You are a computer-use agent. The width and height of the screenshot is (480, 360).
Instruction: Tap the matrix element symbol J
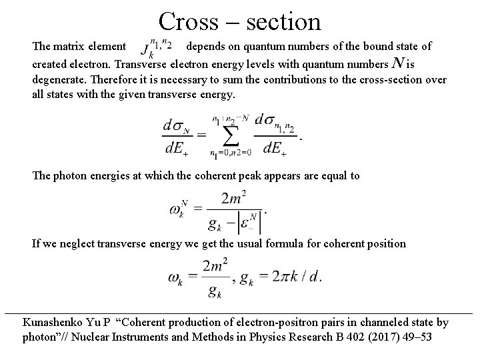[147, 47]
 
